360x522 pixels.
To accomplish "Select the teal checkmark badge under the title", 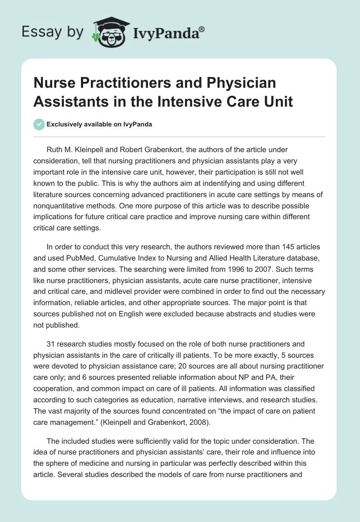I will click(x=39, y=124).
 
